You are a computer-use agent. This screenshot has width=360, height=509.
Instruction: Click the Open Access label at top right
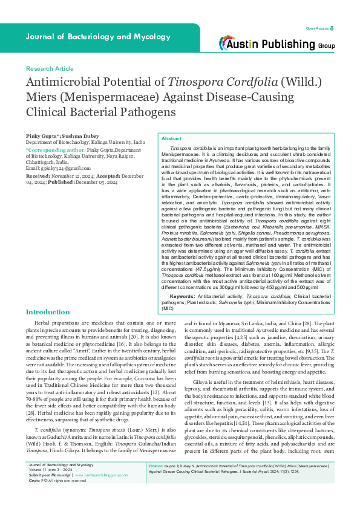click(319, 28)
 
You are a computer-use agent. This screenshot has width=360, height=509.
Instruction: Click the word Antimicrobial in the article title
click(63, 84)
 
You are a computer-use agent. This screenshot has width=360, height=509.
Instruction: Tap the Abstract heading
click(171, 138)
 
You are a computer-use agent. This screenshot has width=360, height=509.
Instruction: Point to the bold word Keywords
click(183, 296)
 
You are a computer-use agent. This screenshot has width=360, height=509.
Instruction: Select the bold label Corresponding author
click(55, 149)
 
